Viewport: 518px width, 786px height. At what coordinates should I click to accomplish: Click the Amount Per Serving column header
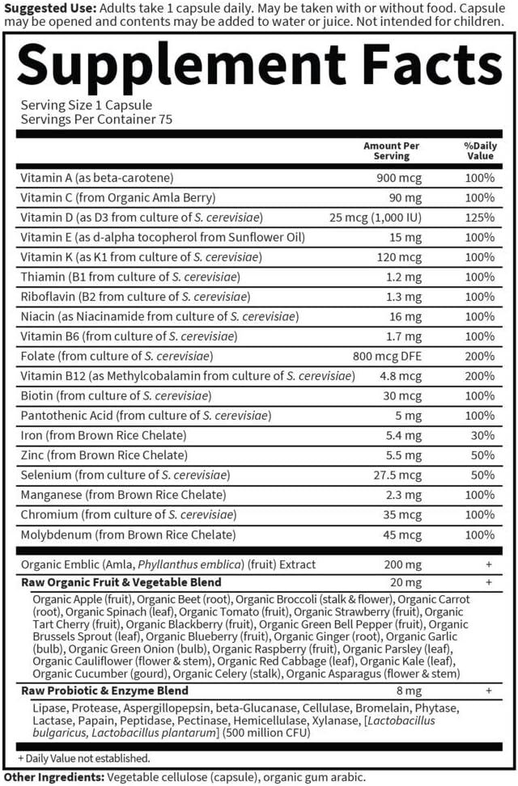tap(392, 150)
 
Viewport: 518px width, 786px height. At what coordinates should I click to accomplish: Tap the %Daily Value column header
tap(479, 150)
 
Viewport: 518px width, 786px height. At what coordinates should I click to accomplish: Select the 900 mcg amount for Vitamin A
tap(399, 177)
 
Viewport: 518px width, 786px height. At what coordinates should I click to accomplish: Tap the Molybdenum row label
tap(117, 535)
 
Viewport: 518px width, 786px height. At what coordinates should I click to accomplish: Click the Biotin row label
tap(116, 395)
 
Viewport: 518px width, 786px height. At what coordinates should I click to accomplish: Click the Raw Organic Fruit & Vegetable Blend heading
tap(121, 582)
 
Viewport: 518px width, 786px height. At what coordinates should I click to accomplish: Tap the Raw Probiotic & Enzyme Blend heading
tap(104, 691)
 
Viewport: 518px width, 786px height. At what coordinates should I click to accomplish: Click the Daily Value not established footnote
tap(84, 758)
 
